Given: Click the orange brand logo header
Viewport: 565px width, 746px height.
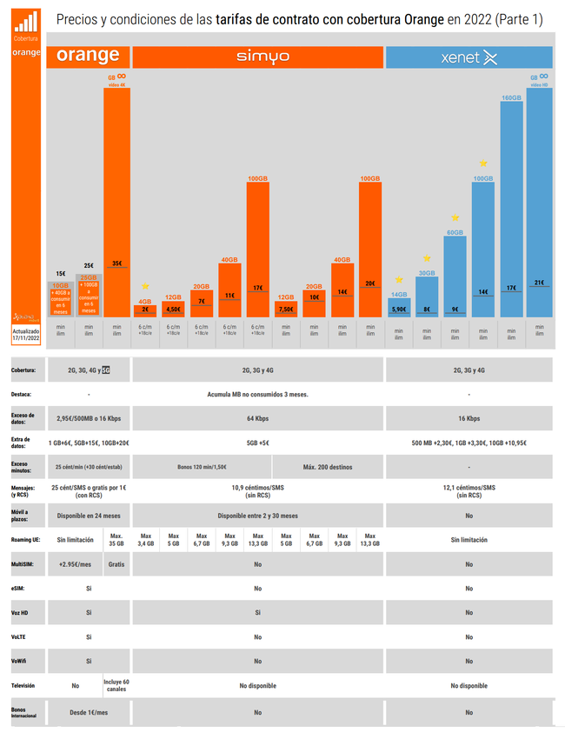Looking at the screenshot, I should point(88,57).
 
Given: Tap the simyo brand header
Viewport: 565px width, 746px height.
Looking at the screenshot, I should point(257,57).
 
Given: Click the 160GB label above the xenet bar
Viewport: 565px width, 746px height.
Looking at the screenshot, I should point(511,98).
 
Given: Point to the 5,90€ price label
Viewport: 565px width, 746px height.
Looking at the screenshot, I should point(399,309).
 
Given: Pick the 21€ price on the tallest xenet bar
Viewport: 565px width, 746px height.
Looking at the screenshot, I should point(539,283).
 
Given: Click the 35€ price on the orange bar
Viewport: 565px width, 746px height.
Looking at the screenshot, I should point(116,263).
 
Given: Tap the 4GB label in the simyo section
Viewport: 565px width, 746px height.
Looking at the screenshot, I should point(145,301).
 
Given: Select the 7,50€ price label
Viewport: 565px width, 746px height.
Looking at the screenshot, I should point(286,309).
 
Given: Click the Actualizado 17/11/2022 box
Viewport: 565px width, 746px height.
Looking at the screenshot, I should point(26,336).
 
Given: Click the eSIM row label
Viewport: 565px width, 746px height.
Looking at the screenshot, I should point(18,589).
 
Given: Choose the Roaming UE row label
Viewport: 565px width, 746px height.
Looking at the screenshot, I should point(24,540).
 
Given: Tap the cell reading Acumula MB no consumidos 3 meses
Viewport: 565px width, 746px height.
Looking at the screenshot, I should point(257,394).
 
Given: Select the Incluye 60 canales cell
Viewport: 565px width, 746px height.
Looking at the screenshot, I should point(116,686).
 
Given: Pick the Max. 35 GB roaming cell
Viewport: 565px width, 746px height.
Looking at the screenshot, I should point(116,540).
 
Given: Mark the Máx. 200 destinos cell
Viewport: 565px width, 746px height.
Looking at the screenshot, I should point(327,467).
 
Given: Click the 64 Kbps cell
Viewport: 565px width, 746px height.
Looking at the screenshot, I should point(257,418).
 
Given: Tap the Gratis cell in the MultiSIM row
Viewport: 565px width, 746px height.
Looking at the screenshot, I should point(116,564).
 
